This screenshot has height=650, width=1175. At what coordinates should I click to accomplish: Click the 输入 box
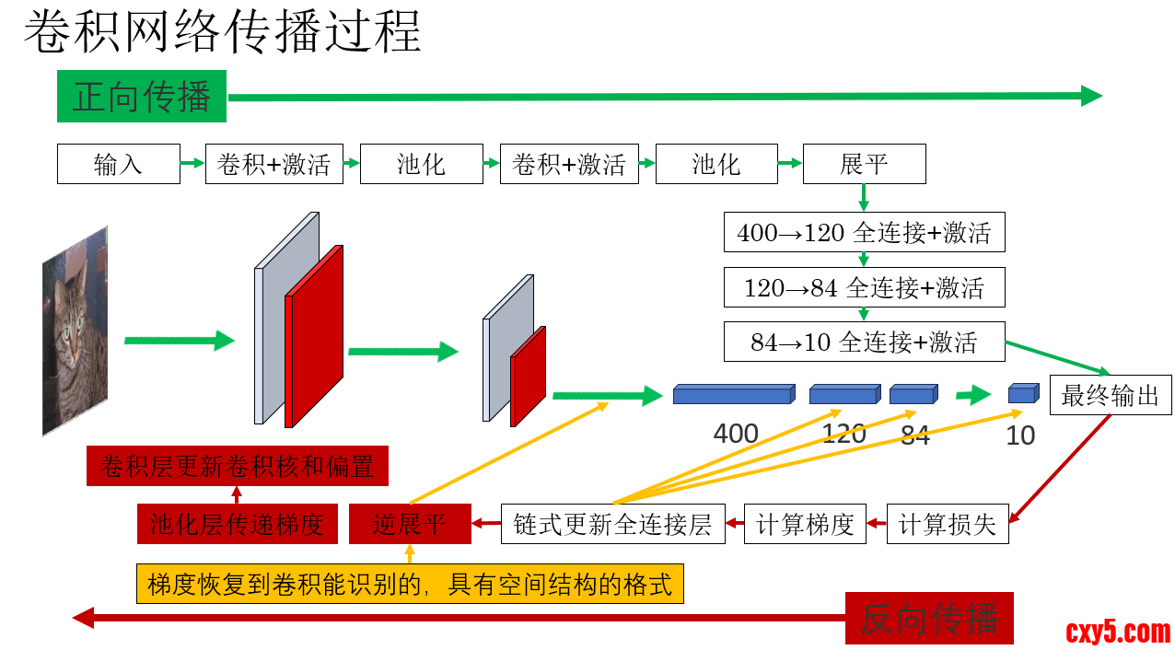[118, 165]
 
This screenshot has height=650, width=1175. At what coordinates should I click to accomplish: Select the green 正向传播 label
[141, 97]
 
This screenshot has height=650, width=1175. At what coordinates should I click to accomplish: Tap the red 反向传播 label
[929, 618]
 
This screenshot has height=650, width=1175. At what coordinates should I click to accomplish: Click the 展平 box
[864, 165]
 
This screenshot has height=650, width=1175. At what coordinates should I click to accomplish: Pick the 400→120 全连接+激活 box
[864, 233]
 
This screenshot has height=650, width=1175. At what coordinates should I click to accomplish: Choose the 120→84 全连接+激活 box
[864, 288]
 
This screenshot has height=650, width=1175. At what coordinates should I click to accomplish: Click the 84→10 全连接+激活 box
[864, 342]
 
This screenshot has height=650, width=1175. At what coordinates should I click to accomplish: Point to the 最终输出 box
[1111, 396]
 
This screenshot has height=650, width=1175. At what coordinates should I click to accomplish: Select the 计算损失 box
[948, 525]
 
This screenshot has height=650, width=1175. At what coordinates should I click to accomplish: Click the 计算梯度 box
[805, 525]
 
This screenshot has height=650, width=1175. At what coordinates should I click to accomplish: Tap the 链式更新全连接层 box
[612, 525]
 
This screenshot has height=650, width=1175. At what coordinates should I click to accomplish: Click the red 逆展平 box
[410, 525]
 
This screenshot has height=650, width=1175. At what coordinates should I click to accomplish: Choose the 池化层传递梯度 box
[237, 525]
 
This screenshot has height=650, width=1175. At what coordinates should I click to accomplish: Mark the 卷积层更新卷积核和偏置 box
[237, 466]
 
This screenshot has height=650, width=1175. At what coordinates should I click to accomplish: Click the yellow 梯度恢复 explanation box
[410, 584]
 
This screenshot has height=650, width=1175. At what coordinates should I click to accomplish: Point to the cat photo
[75, 331]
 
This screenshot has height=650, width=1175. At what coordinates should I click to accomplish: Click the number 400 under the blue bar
[736, 433]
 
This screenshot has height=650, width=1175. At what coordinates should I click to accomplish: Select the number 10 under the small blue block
[1020, 435]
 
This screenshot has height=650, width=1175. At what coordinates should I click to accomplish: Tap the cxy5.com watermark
[1118, 632]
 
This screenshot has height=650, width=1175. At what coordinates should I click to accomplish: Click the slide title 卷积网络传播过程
[222, 32]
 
